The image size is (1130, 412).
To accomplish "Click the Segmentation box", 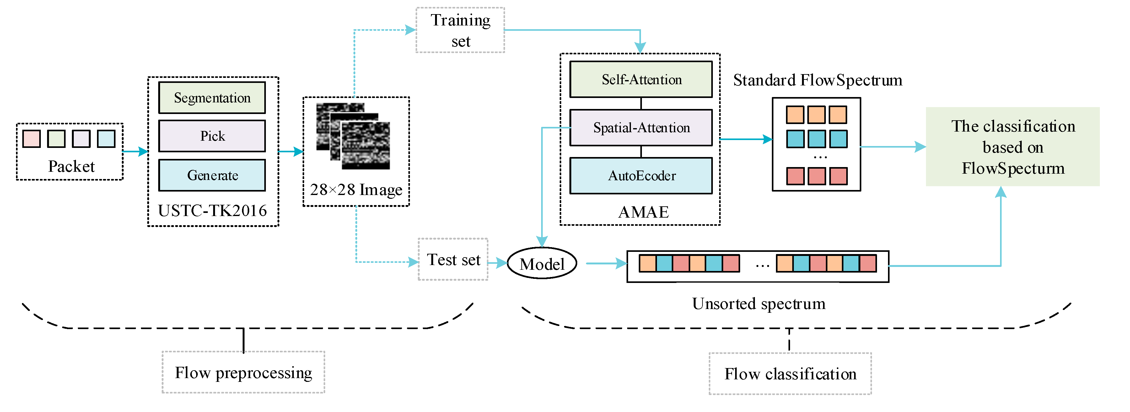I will coord(212,97).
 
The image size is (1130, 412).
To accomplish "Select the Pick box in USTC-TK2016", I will coord(212,136).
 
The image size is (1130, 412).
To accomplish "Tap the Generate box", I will coord(212,175).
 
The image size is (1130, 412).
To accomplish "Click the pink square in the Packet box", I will coord(32,139).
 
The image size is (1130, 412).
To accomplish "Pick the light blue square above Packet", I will coord(106,139).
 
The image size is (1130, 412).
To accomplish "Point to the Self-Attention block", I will coord(641,79).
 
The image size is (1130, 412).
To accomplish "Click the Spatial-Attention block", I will coord(641,128).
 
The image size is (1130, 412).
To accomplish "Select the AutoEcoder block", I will coord(641,176).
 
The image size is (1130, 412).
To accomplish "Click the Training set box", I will coord(460,30).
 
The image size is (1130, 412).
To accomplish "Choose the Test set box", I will coord(453,260).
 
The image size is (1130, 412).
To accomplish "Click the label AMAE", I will coord(643,212).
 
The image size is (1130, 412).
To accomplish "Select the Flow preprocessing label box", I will coord(244,372).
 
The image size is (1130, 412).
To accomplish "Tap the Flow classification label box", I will coord(790,374).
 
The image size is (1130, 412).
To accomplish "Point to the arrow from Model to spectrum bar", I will coord(606,263).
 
